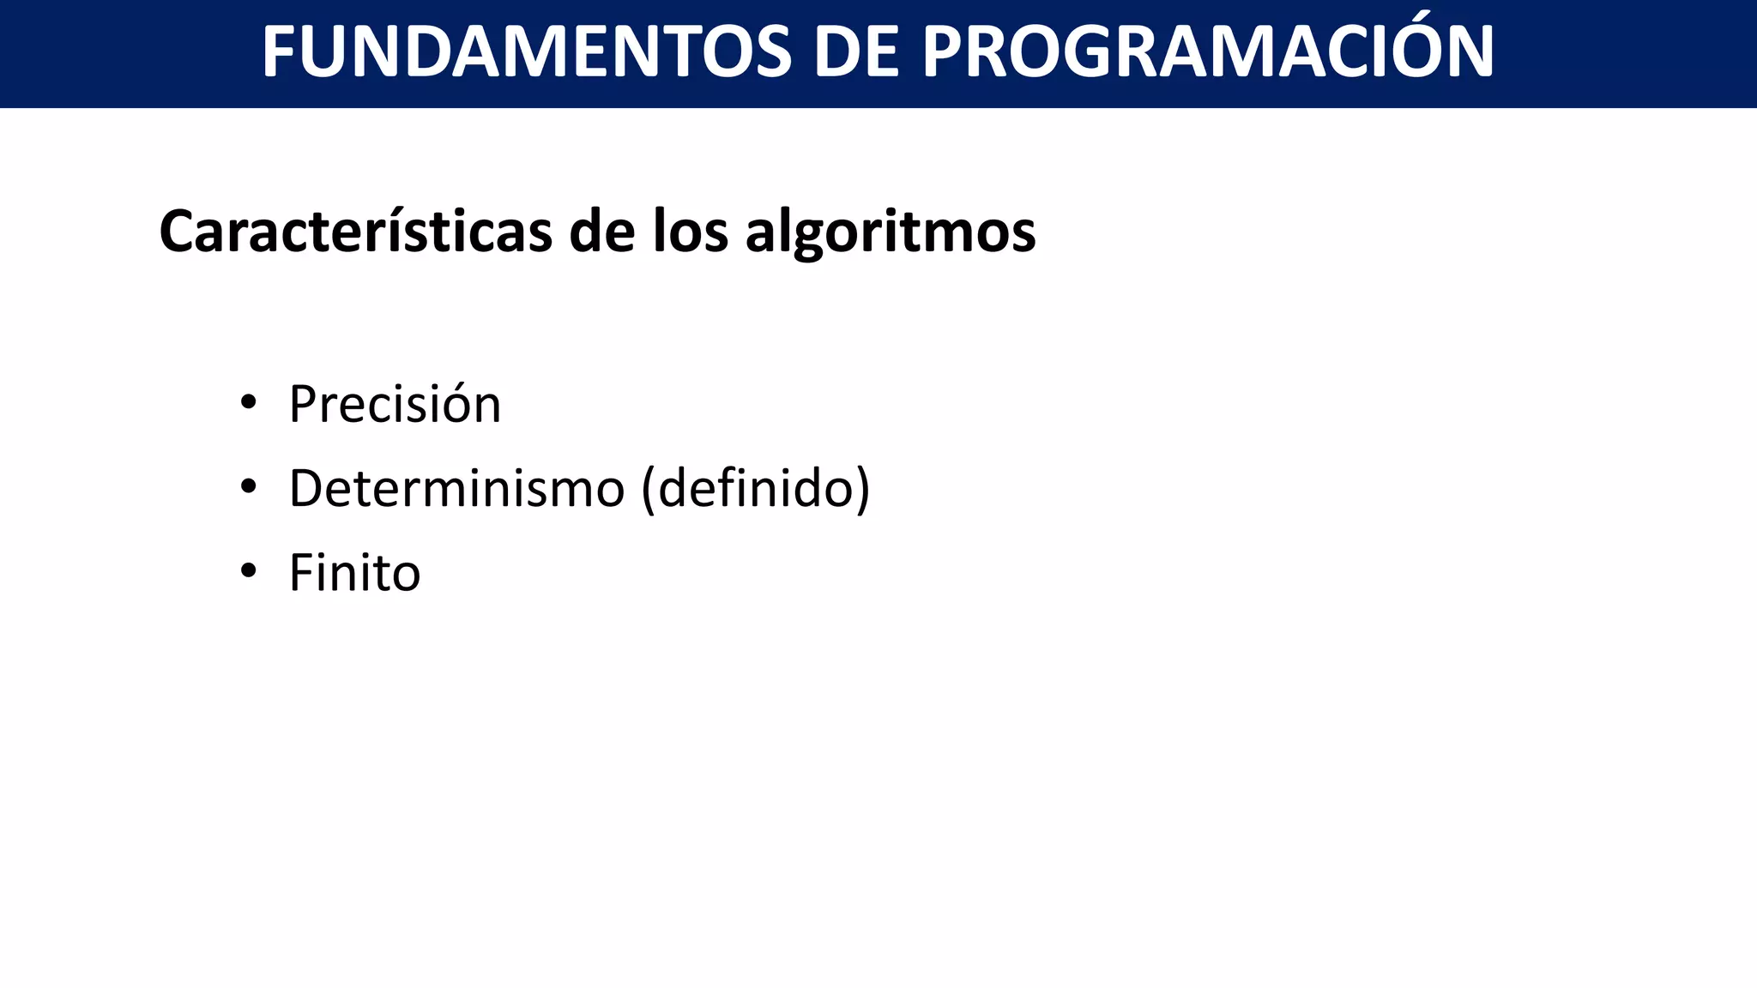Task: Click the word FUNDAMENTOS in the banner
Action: tap(526, 52)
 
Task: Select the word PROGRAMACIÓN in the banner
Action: tap(1208, 52)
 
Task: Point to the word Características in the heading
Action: tap(355, 232)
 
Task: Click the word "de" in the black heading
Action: tap(600, 232)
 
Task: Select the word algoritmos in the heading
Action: tap(891, 233)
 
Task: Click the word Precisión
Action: tap(395, 404)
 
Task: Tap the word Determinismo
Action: tap(456, 489)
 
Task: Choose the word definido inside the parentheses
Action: tap(756, 489)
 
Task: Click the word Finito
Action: tap(354, 573)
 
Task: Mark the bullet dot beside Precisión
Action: tap(249, 401)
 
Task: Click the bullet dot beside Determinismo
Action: tap(249, 486)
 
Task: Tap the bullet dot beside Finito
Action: tap(249, 570)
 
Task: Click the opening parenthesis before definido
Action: tap(649, 490)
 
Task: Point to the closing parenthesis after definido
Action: tap(862, 490)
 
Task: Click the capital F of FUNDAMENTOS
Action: tap(280, 52)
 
